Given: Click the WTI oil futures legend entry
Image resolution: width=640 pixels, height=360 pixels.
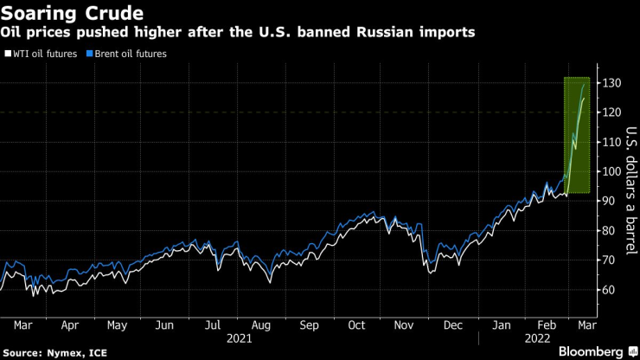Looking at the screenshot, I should coord(43,54).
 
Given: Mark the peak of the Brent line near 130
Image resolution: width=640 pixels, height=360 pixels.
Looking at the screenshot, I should coord(583,84).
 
